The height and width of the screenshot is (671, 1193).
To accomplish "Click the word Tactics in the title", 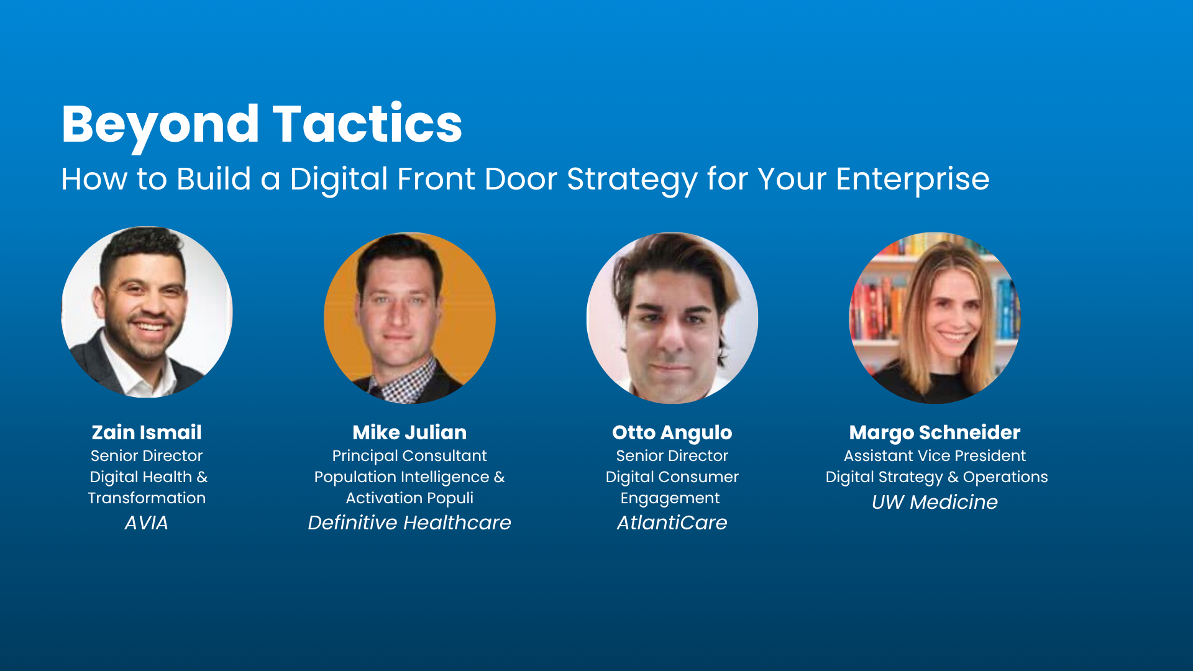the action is coord(368,124).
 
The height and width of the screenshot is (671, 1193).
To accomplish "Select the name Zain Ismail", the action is coord(147,432).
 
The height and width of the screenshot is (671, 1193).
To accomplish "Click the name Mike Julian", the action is coord(409,432).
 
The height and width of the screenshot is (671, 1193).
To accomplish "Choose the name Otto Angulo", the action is coord(672,433).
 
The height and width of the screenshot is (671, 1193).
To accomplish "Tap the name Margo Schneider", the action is coord(935,433).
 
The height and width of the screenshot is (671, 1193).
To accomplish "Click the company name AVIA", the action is coord(147,523).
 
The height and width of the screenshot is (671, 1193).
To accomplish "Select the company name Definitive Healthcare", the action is coord(409,523).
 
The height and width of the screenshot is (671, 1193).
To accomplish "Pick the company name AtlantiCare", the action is coord(672,523).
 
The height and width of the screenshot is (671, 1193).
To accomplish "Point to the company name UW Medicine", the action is coord(935,502).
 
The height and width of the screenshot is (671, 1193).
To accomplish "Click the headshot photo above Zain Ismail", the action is coord(147,312).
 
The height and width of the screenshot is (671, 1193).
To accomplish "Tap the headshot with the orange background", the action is coord(409,318).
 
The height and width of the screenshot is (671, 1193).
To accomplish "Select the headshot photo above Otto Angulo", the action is coord(672,318).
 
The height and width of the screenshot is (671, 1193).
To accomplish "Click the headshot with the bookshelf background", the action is coord(935,318).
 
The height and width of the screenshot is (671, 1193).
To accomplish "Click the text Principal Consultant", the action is coord(409,456).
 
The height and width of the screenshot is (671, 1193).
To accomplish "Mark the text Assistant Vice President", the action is coord(935,456).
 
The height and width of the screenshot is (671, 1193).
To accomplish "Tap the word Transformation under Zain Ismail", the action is coord(147,498).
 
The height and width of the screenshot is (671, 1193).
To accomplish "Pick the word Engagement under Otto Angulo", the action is coord(670,499).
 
